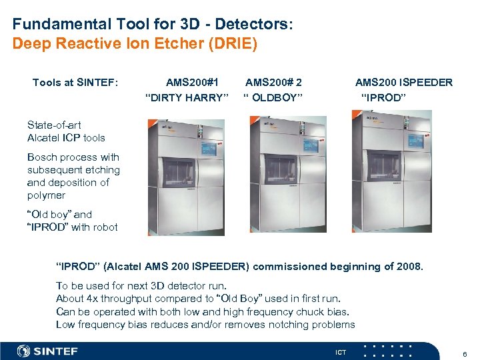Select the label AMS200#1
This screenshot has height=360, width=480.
[193, 83]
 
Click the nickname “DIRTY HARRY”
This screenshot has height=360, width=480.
[187, 98]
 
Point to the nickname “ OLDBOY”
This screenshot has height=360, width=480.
[273, 98]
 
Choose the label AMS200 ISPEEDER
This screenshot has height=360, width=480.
[404, 83]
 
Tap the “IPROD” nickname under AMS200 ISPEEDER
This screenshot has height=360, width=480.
[383, 98]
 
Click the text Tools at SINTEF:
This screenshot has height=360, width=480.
[75, 83]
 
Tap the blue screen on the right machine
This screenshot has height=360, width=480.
[415, 141]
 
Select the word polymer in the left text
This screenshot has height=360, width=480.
[46, 195]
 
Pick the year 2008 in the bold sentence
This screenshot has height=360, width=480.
[409, 267]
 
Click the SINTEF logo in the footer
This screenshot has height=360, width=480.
[47, 351]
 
